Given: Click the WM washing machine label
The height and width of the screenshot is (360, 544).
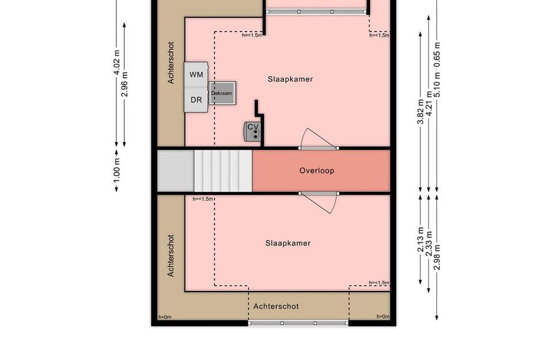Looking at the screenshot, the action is click(196, 75).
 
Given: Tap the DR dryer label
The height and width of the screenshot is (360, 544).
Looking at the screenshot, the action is click(196, 100).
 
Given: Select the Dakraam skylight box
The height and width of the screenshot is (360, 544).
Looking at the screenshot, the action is click(222, 93).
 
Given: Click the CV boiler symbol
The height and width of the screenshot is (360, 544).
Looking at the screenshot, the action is click(252, 131).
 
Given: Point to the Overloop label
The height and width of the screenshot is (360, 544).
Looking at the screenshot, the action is click(317, 170).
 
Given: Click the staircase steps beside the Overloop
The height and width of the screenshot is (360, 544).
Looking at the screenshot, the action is click(223, 171).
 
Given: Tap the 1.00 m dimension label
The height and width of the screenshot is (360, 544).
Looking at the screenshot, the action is click(116, 170).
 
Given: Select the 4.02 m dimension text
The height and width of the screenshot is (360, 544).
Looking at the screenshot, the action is click(116, 62).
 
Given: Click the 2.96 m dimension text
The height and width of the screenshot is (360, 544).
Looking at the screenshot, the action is click(125, 84).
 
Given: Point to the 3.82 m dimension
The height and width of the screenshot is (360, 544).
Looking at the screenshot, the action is click(420, 112).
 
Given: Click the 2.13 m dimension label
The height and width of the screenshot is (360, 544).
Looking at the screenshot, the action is click(420, 240).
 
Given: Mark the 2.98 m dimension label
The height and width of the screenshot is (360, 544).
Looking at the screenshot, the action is click(437, 257).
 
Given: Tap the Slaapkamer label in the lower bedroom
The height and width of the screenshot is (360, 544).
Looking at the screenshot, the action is click(288, 243).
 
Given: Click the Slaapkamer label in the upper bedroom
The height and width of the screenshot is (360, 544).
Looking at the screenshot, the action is click(290, 79).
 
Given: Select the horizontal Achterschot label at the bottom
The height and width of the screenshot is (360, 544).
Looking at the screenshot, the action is click(276, 306).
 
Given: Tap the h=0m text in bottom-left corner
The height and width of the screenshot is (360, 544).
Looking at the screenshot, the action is click(165, 317).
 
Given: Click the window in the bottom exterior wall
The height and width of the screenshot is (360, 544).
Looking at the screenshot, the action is click(298, 323).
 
